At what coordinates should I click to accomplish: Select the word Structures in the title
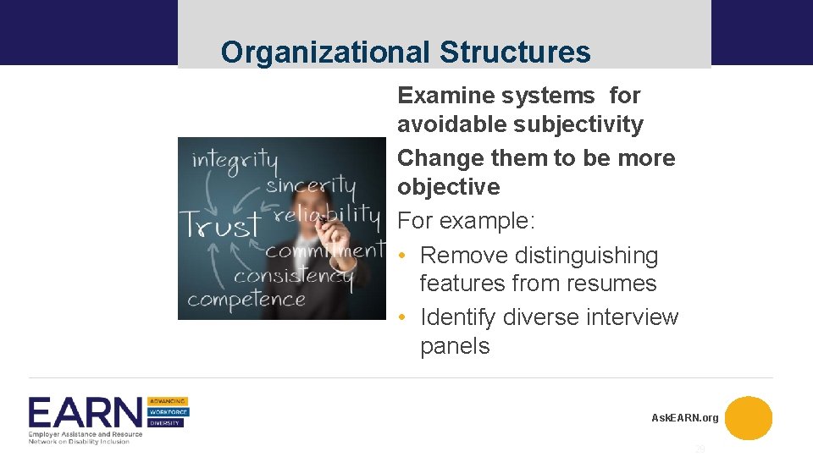coord(515,52)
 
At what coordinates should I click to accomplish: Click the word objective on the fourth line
coord(449,187)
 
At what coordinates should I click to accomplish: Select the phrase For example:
coord(467,221)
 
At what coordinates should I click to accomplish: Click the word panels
coord(455,346)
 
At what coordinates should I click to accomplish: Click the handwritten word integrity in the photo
coord(235,158)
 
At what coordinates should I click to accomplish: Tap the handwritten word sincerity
coord(311,185)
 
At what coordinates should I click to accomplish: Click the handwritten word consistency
coord(293,276)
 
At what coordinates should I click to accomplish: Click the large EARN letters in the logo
coord(86,414)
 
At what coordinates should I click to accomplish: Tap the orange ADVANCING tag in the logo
coord(168,401)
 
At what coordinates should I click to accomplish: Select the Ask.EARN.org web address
coord(684,418)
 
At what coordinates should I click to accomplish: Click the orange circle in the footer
coord(749,418)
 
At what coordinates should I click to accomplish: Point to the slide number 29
coord(700,449)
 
